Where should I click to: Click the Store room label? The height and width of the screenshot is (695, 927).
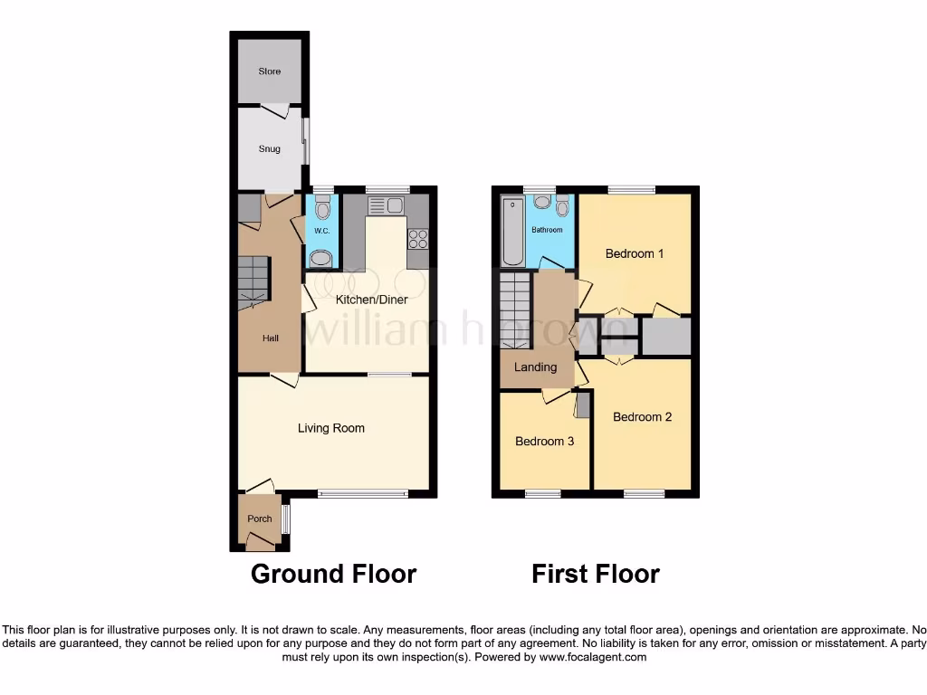[x=269, y=71]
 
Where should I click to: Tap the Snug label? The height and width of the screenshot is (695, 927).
[x=269, y=149]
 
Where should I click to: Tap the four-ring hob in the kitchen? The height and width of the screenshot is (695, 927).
[x=418, y=239]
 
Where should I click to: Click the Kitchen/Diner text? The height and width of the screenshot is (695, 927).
[x=371, y=300]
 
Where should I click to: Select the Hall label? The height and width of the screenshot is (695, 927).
[x=270, y=338]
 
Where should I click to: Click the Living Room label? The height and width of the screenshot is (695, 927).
[x=331, y=428]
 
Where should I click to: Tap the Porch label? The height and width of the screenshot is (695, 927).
[x=259, y=519]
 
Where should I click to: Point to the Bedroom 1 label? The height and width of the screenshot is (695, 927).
[x=635, y=254]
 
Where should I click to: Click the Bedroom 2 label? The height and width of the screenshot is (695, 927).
[x=642, y=417]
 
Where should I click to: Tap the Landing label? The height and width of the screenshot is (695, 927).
[x=535, y=367]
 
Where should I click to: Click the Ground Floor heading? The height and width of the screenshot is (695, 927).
[x=333, y=574]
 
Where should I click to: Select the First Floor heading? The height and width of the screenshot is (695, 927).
[x=595, y=574]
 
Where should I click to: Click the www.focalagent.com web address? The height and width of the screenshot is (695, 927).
[x=592, y=658]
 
